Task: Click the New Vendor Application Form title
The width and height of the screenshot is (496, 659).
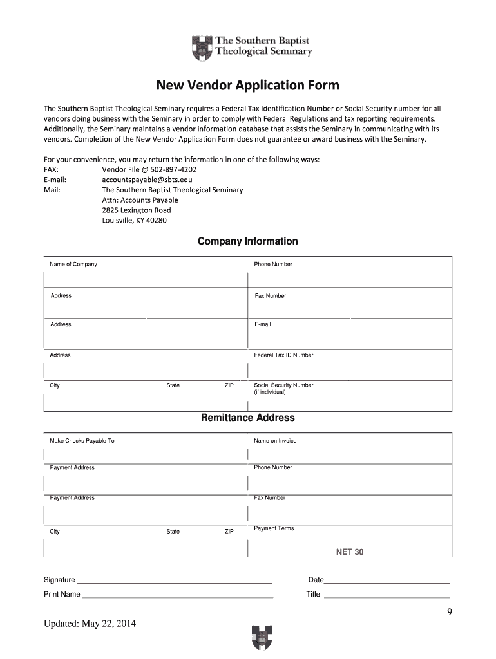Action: coord(248,86)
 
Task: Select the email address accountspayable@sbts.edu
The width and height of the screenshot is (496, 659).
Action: coord(147,180)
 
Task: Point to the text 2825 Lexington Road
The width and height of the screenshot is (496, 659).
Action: coord(137,210)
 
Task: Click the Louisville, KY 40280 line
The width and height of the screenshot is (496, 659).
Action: coord(134,221)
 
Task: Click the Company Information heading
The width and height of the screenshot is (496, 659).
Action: coord(247,241)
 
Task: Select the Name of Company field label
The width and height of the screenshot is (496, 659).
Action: coord(73,265)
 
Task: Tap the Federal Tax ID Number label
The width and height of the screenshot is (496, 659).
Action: coord(283,355)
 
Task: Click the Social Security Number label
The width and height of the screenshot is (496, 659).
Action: coord(283,385)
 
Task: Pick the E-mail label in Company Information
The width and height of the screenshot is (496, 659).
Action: coord(263,324)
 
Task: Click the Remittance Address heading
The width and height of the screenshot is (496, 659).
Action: coord(247,418)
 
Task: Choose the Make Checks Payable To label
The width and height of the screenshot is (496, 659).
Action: coord(82,441)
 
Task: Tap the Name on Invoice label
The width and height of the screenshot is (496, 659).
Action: coord(275,441)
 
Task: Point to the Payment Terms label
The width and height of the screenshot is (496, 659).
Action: coord(274,528)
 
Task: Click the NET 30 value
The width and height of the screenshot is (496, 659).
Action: coord(350,552)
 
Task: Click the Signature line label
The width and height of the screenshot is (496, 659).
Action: coord(59,580)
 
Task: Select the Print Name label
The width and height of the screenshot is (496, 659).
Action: coord(62,594)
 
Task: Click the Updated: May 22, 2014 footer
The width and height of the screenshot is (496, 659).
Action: coord(90,624)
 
